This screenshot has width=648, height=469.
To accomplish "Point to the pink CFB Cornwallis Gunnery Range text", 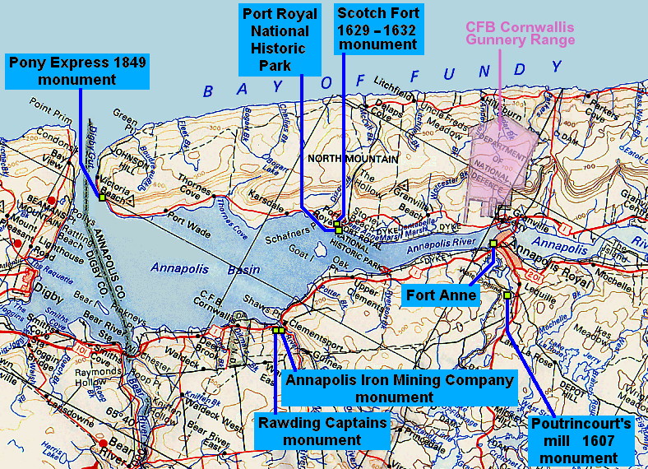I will pyautogui.click(x=520, y=32).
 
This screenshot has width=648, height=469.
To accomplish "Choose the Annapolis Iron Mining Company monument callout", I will pyautogui.click(x=399, y=388).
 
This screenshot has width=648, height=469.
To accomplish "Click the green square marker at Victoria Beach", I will pyautogui.click(x=101, y=197).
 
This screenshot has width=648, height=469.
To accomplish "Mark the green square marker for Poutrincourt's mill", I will pyautogui.click(x=507, y=295).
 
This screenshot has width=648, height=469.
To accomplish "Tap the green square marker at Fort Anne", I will pyautogui.click(x=493, y=244).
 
